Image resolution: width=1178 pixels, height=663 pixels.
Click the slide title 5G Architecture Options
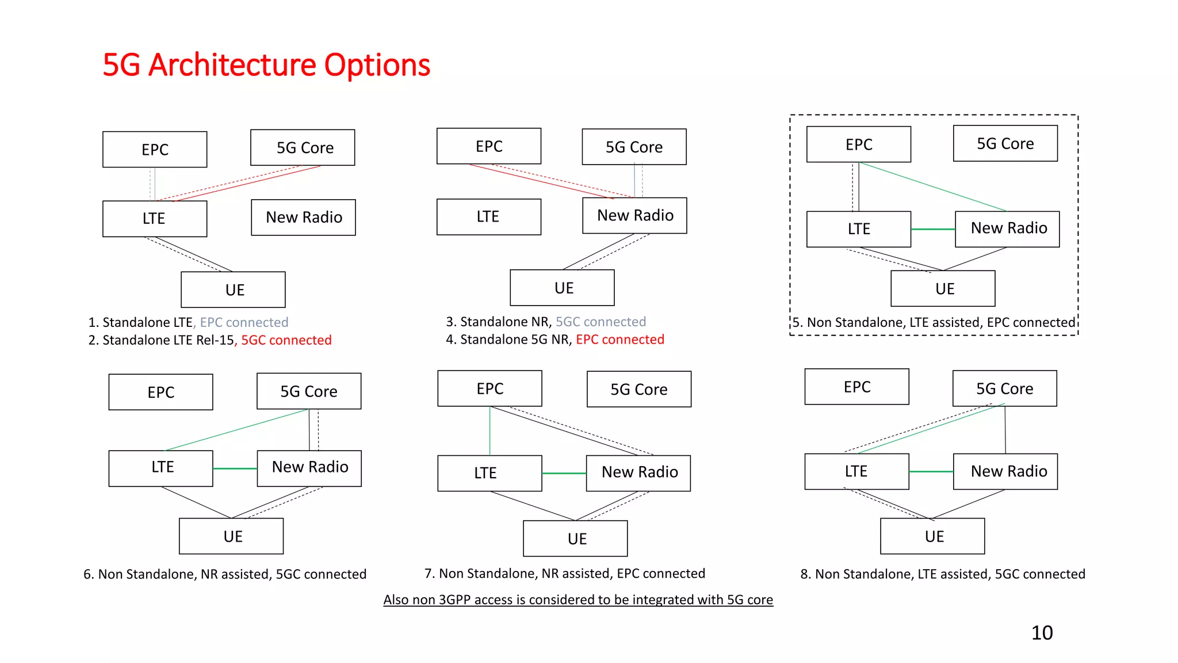click(266, 65)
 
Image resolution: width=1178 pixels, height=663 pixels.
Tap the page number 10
click(1042, 632)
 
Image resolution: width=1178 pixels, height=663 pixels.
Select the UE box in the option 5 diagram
click(943, 288)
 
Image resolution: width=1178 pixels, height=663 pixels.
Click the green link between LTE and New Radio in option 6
click(235, 468)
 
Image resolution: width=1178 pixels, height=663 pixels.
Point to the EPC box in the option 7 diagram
click(489, 388)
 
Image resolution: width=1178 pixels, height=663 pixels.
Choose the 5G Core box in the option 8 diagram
click(1004, 388)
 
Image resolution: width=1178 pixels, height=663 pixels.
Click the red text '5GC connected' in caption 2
click(286, 340)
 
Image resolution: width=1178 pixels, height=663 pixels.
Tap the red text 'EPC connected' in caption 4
click(620, 340)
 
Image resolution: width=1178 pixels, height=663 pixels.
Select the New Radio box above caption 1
click(304, 218)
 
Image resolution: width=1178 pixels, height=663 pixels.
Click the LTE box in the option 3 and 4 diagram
click(489, 217)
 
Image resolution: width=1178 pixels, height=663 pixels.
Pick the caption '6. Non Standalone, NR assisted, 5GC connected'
click(225, 574)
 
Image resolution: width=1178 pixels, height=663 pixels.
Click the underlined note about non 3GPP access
click(578, 600)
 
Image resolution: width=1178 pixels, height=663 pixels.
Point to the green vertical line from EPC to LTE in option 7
click(490, 430)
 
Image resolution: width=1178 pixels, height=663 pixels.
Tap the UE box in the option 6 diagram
click(231, 536)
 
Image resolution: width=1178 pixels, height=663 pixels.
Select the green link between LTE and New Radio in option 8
click(931, 471)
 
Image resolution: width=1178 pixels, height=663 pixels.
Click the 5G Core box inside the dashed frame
click(1005, 143)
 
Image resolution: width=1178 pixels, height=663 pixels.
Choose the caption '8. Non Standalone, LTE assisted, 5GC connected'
click(943, 574)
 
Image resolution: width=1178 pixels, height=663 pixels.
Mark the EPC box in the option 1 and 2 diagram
click(155, 150)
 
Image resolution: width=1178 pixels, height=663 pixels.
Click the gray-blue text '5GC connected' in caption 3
click(601, 322)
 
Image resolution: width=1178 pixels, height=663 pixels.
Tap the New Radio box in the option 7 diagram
click(638, 473)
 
